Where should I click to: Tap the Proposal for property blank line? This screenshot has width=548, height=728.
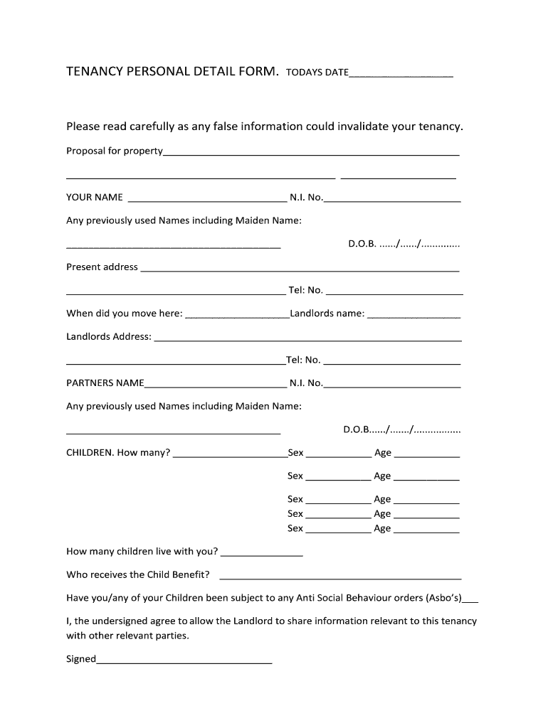tap(311, 154)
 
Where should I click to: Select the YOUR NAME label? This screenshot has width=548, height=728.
tap(95, 197)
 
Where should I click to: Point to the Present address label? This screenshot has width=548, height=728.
tap(102, 267)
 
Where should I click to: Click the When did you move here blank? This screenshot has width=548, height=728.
tap(237, 317)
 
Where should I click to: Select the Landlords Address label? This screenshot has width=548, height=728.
tap(109, 336)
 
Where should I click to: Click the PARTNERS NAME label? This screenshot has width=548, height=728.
tap(105, 383)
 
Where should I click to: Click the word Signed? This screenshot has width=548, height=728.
tap(80, 659)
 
